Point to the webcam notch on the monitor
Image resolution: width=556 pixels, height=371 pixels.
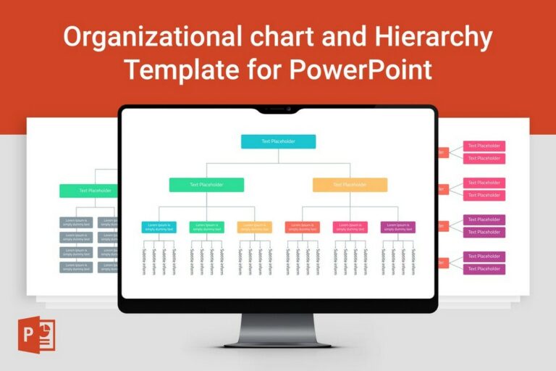click(278, 109)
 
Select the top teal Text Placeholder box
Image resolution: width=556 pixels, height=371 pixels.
click(278, 141)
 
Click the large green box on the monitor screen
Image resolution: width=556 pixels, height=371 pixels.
click(206, 185)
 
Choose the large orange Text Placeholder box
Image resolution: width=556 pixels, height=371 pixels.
click(350, 185)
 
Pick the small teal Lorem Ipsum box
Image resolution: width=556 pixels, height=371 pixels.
click(159, 227)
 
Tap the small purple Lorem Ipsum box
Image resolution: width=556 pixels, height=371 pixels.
click(397, 227)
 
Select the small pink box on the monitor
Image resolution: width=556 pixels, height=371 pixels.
click(350, 227)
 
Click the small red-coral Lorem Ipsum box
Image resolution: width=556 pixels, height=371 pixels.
click(302, 227)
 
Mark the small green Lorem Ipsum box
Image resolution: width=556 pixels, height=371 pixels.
click(206, 227)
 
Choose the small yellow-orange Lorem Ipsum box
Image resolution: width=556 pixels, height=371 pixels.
click(254, 227)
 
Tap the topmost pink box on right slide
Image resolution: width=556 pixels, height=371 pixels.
click(484, 146)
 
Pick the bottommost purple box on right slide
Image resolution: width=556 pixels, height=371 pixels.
click(484, 269)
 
